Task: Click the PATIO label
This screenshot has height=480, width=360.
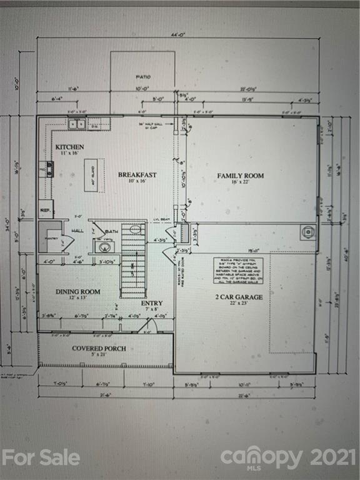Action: point(143,77)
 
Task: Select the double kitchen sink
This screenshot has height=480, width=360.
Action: point(77,124)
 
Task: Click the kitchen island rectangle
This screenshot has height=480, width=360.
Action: point(91,170)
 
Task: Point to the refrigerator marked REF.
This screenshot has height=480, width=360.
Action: point(46,209)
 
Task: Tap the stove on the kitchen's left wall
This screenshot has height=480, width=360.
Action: point(49,169)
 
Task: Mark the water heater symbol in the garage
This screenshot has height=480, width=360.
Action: point(307,232)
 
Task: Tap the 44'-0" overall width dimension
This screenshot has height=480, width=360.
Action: point(178,34)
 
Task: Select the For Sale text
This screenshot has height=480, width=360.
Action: point(41,457)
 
